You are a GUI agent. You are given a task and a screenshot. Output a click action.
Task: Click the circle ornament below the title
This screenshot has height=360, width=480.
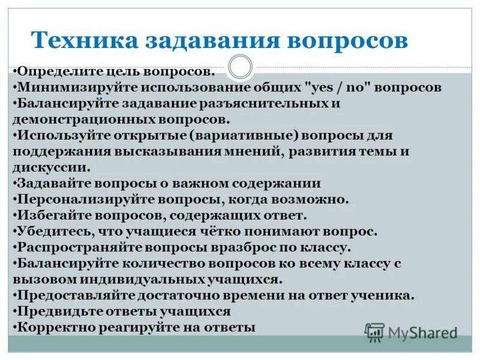pos(240,67)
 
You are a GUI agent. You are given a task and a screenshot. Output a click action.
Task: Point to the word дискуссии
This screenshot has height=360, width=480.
pos(53,167)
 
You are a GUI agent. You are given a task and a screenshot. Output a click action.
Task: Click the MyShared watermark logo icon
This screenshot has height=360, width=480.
pos(374,332)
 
